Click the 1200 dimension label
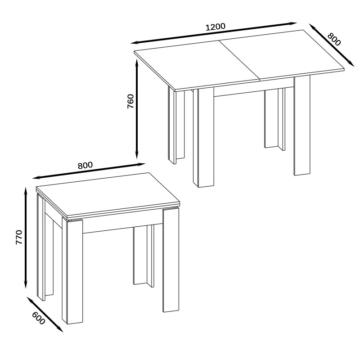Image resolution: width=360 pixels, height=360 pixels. coord(215,27)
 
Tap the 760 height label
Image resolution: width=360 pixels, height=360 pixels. coord(130,101)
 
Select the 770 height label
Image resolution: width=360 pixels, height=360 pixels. coord(19,237)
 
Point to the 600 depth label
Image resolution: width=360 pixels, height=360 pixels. coord(38,318)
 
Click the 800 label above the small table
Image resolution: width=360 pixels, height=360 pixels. coord(85,165)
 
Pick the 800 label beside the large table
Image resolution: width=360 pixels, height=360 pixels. coord(334,39)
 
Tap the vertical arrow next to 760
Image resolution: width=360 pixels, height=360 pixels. coord(137,108)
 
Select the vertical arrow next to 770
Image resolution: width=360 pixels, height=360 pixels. coord(26,238)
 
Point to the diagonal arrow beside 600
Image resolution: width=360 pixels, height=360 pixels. coord(45,314)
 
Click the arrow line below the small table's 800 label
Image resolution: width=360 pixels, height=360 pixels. coord(89,171)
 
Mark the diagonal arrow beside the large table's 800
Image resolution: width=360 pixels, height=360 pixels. coord(332,45)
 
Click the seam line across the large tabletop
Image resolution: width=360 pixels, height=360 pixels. coord(239,60)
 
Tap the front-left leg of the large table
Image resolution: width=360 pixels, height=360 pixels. coord(204,137)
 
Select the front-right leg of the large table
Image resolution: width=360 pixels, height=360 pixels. coord(302,126)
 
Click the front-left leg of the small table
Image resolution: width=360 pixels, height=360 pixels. coord(72,271)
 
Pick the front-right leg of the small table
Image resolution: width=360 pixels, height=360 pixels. coord(171,260)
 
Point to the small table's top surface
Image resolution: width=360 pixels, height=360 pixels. coord(108,195)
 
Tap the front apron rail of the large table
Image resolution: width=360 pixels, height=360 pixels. coord(254,92)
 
